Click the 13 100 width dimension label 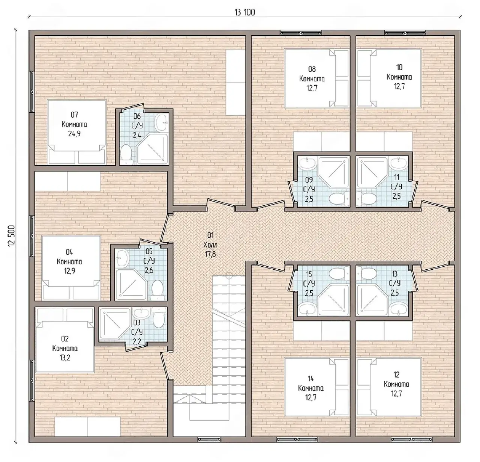click(x=244, y=12)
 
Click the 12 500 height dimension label click(x=12, y=236)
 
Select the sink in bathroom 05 click(x=122, y=257)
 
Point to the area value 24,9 click(x=74, y=134)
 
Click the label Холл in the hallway click(x=210, y=245)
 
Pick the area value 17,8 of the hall click(x=210, y=254)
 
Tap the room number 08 click(x=312, y=69)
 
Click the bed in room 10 click(x=389, y=78)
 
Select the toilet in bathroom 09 click(x=339, y=199)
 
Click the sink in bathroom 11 click(x=398, y=164)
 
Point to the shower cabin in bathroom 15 click(x=333, y=299)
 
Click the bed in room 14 click(x=317, y=387)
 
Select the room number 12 click(x=396, y=374)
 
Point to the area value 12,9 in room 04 click(x=69, y=271)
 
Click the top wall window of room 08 click(x=301, y=33)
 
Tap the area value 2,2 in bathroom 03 click(x=136, y=341)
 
